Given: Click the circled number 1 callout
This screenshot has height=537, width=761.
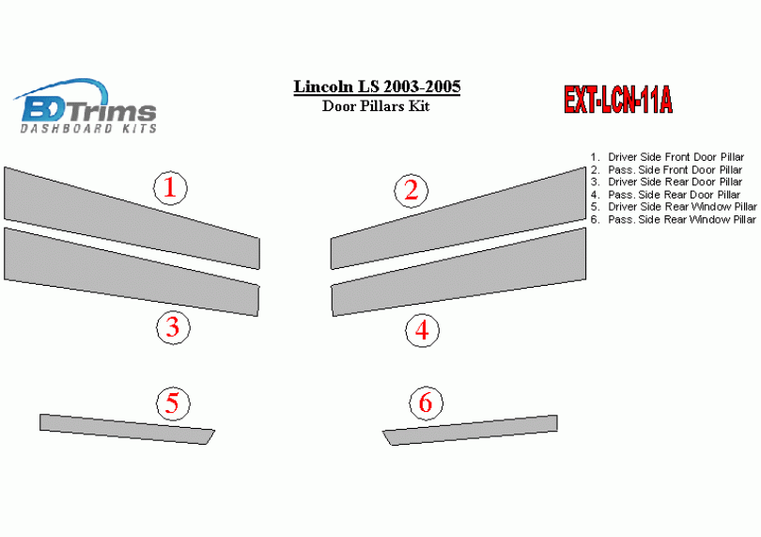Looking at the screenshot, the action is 170,188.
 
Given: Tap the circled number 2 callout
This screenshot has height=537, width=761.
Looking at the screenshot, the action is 412,191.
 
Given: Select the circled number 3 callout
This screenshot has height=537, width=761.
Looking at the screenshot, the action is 173,327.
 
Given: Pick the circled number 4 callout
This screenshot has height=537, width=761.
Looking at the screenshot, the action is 422,330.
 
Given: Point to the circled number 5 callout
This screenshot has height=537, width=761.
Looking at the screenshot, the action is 173,403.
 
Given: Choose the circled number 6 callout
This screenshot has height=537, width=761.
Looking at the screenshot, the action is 426,403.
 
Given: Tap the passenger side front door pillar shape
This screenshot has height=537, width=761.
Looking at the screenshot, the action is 458,219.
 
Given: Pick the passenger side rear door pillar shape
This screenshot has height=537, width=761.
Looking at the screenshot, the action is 458,272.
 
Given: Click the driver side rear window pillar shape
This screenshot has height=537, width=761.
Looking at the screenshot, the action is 127,430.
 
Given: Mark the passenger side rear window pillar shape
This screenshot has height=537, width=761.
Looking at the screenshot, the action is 470,431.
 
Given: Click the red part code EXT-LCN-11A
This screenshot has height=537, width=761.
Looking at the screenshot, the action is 618,100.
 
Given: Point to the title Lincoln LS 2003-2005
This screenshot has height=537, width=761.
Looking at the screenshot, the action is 377,87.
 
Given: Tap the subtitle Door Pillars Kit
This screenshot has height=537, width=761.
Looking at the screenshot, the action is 376,106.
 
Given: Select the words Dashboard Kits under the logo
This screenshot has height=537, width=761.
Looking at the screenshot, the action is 88,128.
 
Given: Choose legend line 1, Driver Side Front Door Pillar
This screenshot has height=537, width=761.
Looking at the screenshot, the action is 667,157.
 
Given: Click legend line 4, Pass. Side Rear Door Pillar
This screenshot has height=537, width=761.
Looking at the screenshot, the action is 665,195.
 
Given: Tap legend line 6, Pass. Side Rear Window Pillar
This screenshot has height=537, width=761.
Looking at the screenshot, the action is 674,219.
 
